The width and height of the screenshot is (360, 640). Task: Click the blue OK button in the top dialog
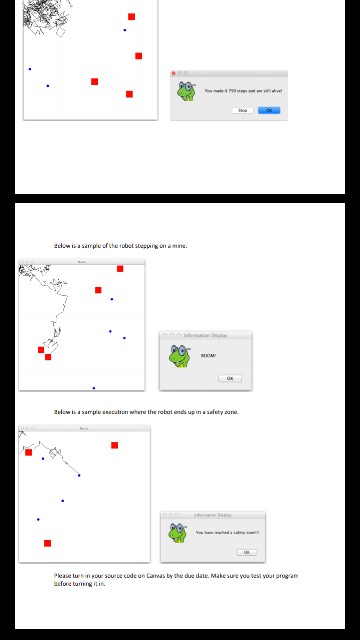(269, 110)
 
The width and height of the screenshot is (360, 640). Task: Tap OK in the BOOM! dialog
(229, 378)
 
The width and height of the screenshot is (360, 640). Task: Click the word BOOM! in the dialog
(208, 355)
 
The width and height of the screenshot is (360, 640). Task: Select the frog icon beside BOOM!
(178, 356)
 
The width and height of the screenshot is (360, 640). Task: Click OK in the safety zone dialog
(246, 552)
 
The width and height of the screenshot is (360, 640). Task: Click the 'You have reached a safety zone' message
(227, 532)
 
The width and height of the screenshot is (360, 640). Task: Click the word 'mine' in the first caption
(180, 245)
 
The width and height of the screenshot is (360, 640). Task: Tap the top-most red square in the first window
(131, 17)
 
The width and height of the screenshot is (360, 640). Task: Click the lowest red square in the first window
(129, 94)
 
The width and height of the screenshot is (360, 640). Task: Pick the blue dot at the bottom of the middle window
(94, 387)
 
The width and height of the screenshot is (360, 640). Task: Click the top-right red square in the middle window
(120, 269)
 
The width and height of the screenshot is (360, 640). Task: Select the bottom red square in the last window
(47, 543)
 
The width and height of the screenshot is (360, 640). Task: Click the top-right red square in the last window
(115, 445)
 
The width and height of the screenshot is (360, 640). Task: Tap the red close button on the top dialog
(174, 73)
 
